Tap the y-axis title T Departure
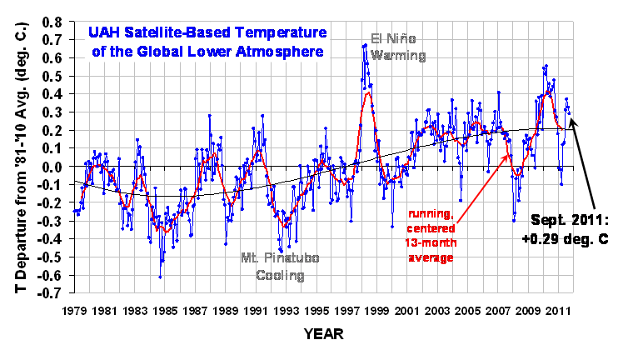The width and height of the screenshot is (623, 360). click(x=15, y=154)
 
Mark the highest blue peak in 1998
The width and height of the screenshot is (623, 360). click(x=366, y=45)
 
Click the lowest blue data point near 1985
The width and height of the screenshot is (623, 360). click(x=160, y=277)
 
